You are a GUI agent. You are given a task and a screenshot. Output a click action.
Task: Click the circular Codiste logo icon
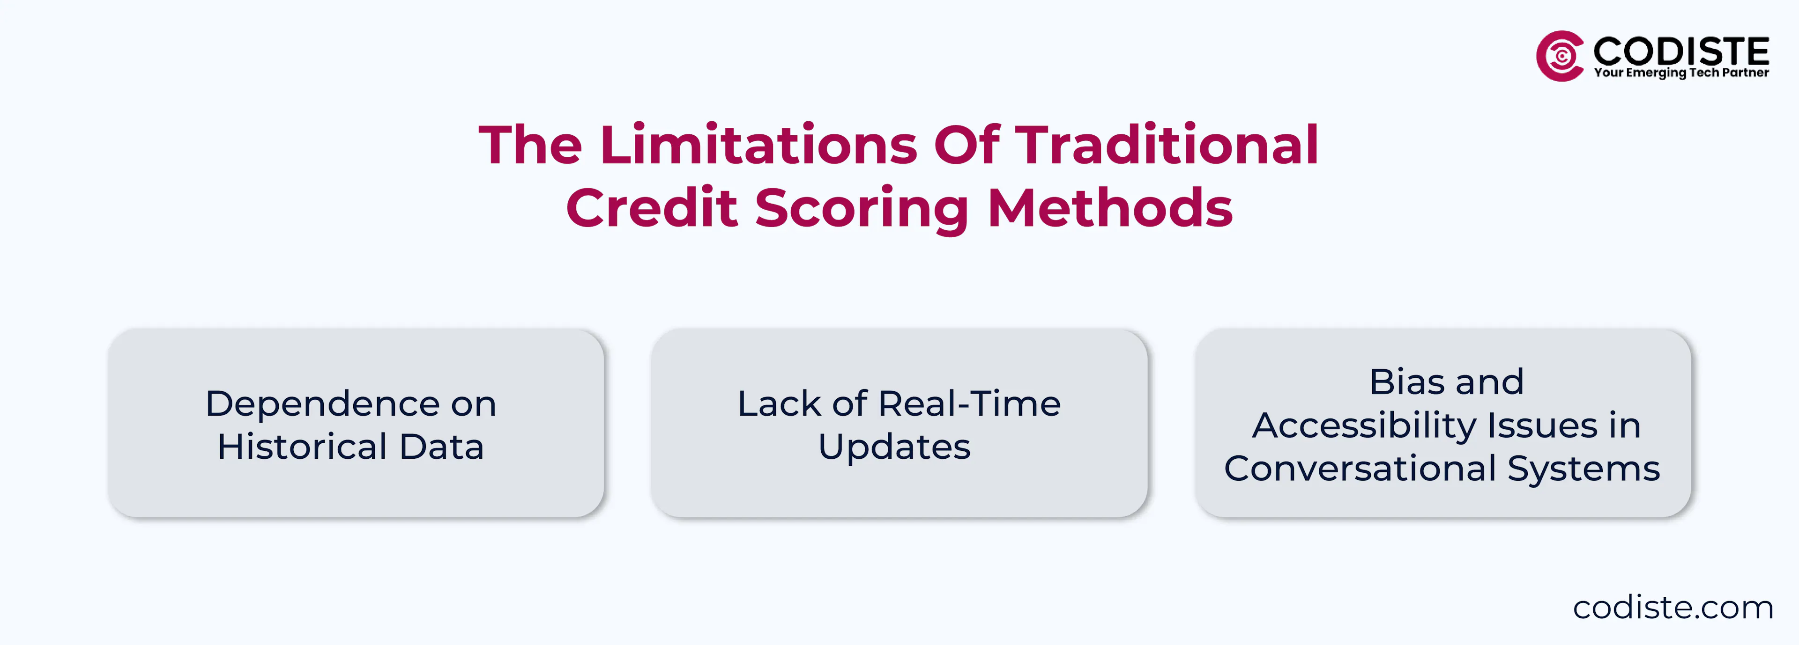[x=1560, y=56]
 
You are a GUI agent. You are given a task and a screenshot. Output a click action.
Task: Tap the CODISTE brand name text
[x=1681, y=51]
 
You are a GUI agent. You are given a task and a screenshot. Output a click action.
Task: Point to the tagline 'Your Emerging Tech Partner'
[x=1681, y=73]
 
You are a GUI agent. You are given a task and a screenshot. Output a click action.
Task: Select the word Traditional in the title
[x=1166, y=145]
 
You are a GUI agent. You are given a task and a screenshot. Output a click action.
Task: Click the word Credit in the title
[x=652, y=207]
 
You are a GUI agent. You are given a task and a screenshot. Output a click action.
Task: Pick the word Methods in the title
[x=1110, y=207]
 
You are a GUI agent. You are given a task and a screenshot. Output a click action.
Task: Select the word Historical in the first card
[x=302, y=447]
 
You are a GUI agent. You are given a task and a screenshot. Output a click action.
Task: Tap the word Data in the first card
[x=441, y=447]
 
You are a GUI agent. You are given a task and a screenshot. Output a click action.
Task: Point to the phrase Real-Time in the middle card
[x=969, y=403]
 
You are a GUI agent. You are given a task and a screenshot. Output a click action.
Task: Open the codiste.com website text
[x=1673, y=607]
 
